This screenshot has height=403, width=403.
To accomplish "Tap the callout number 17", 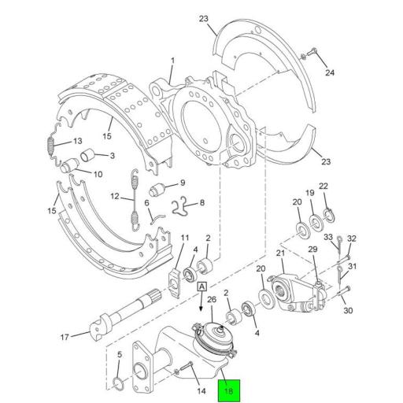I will coord(65,339).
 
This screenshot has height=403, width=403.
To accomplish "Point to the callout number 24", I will coord(330,73).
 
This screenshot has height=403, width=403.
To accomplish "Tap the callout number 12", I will coord(115,197).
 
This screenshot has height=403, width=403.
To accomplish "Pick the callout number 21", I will coord(279,253).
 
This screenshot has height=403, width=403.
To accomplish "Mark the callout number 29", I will coord(312,250).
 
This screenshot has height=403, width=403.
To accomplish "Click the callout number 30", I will coord(349,310).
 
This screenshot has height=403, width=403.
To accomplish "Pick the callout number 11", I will coord(185,238).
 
